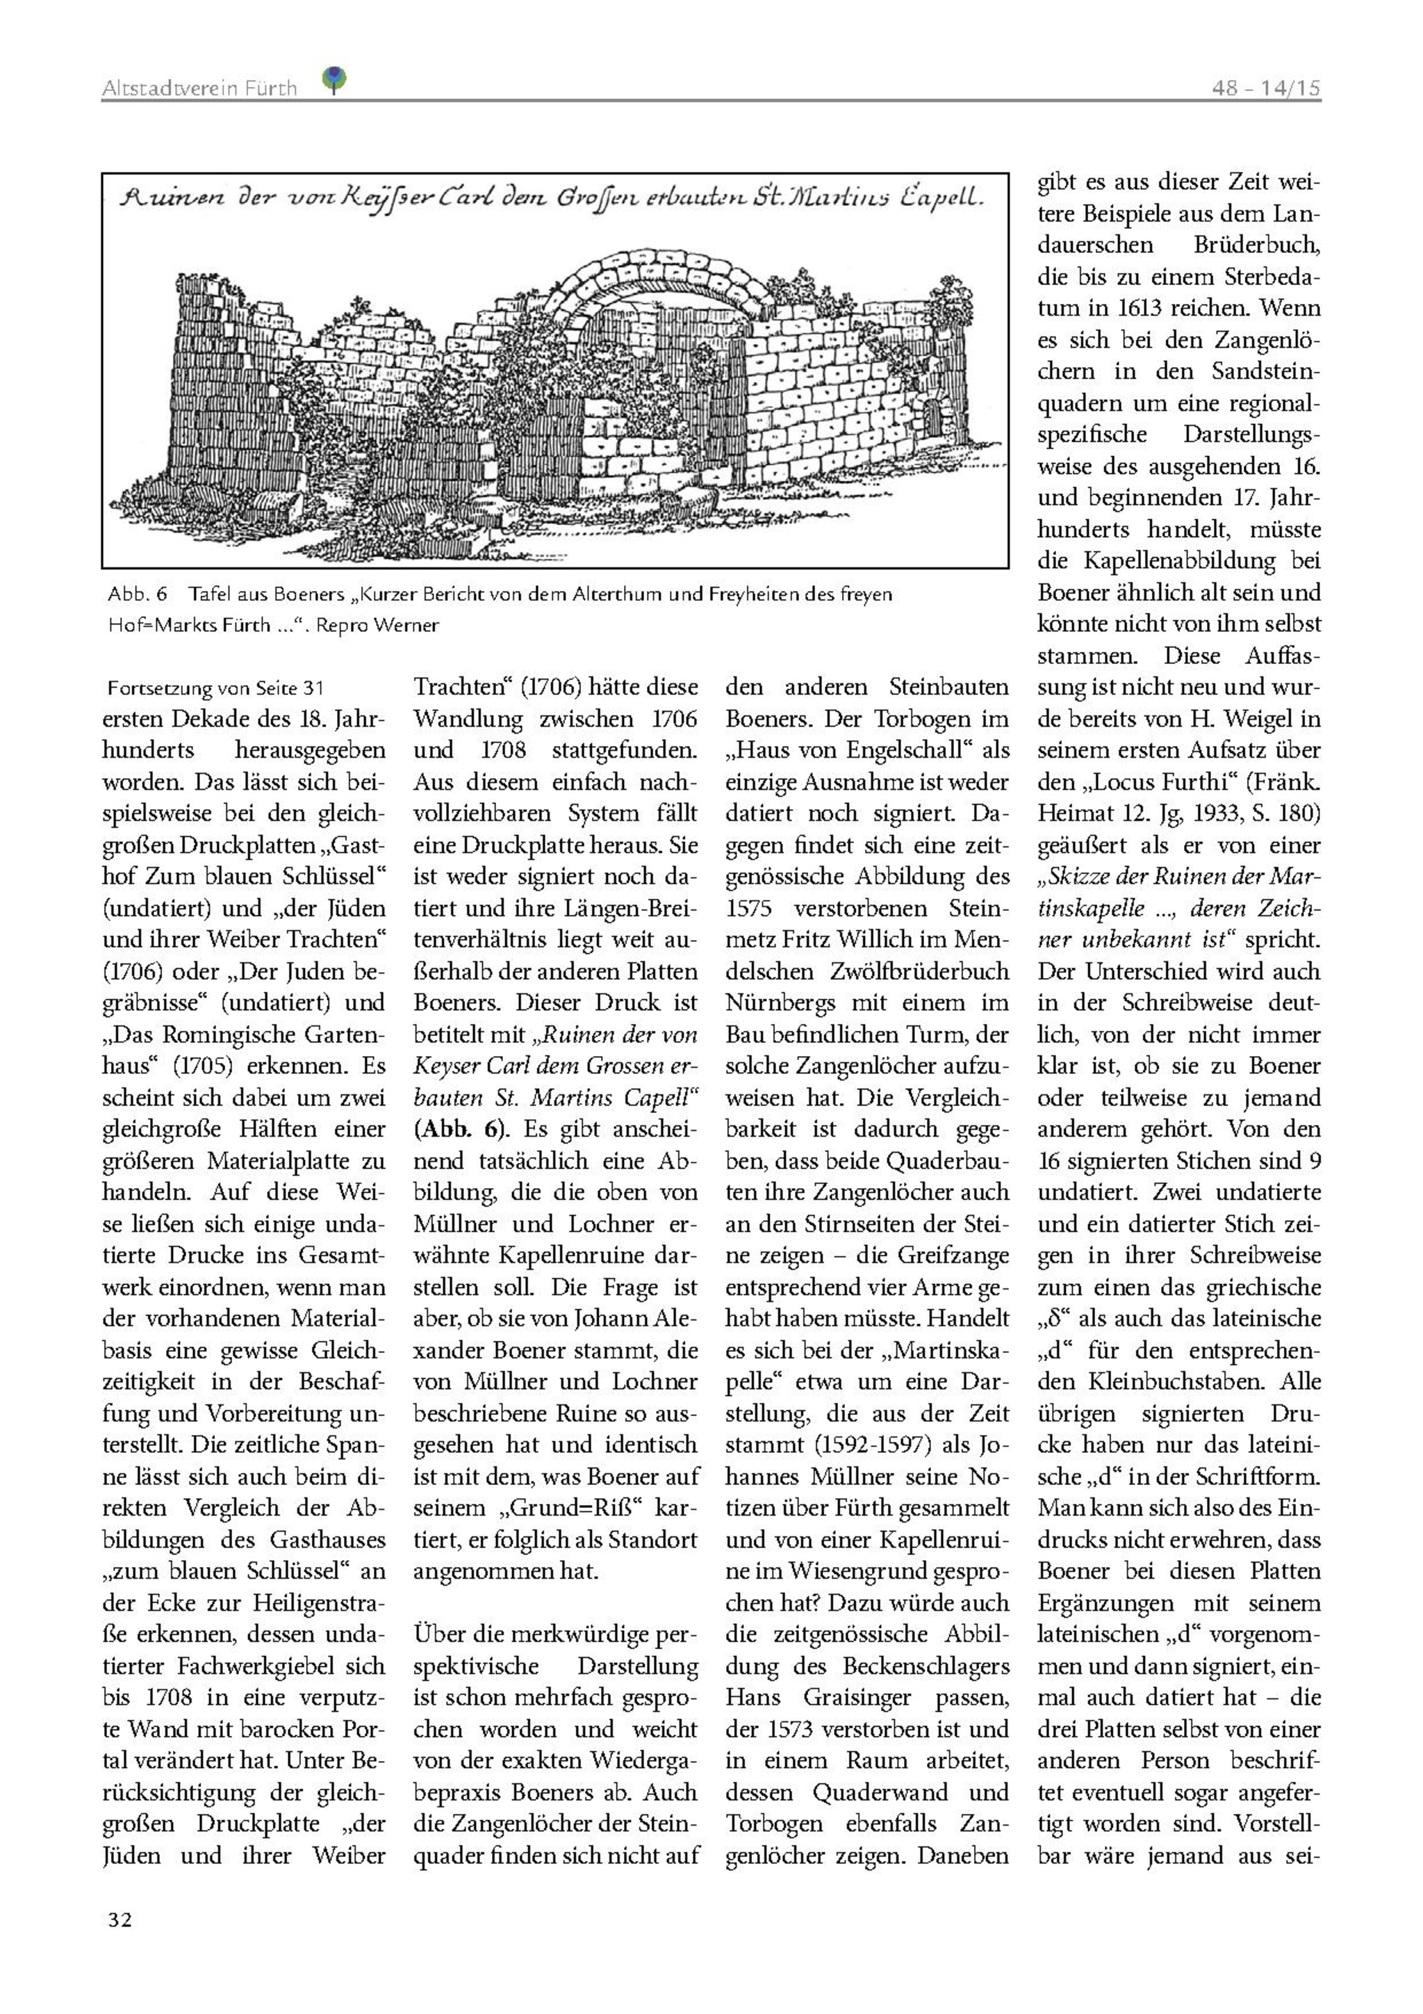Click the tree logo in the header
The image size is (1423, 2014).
(334, 80)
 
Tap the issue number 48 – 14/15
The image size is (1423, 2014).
(1266, 88)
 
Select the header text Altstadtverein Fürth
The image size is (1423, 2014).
(199, 88)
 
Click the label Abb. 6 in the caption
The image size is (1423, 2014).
(137, 594)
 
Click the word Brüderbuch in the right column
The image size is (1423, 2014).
(1256, 245)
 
